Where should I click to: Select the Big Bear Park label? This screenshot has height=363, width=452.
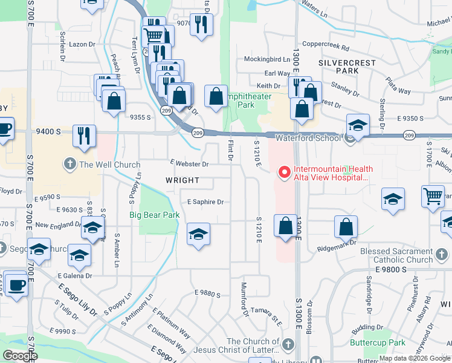pyautogui.click(x=155, y=215)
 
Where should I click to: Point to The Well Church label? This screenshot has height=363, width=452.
pyautogui.click(x=109, y=164)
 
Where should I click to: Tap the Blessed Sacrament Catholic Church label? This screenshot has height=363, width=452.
pyautogui.click(x=396, y=255)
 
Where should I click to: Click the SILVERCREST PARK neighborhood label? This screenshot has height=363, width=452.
pyautogui.click(x=347, y=67)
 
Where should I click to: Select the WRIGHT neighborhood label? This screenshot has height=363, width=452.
pyautogui.click(x=182, y=180)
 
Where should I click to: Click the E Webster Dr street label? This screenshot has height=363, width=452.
pyautogui.click(x=189, y=164)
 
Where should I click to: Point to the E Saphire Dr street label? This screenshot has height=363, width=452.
pyautogui.click(x=205, y=202)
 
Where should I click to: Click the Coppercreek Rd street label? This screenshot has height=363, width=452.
pyautogui.click(x=326, y=46)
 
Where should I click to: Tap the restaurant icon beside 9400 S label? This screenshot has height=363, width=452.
pyautogui.click(x=83, y=136)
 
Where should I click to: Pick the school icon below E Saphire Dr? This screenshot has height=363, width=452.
pyautogui.click(x=198, y=234)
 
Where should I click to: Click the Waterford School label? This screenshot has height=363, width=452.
pyautogui.click(x=308, y=138)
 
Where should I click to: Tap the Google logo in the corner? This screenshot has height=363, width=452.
pyautogui.click(x=20, y=356)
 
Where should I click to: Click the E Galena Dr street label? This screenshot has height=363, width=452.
pyautogui.click(x=76, y=275)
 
